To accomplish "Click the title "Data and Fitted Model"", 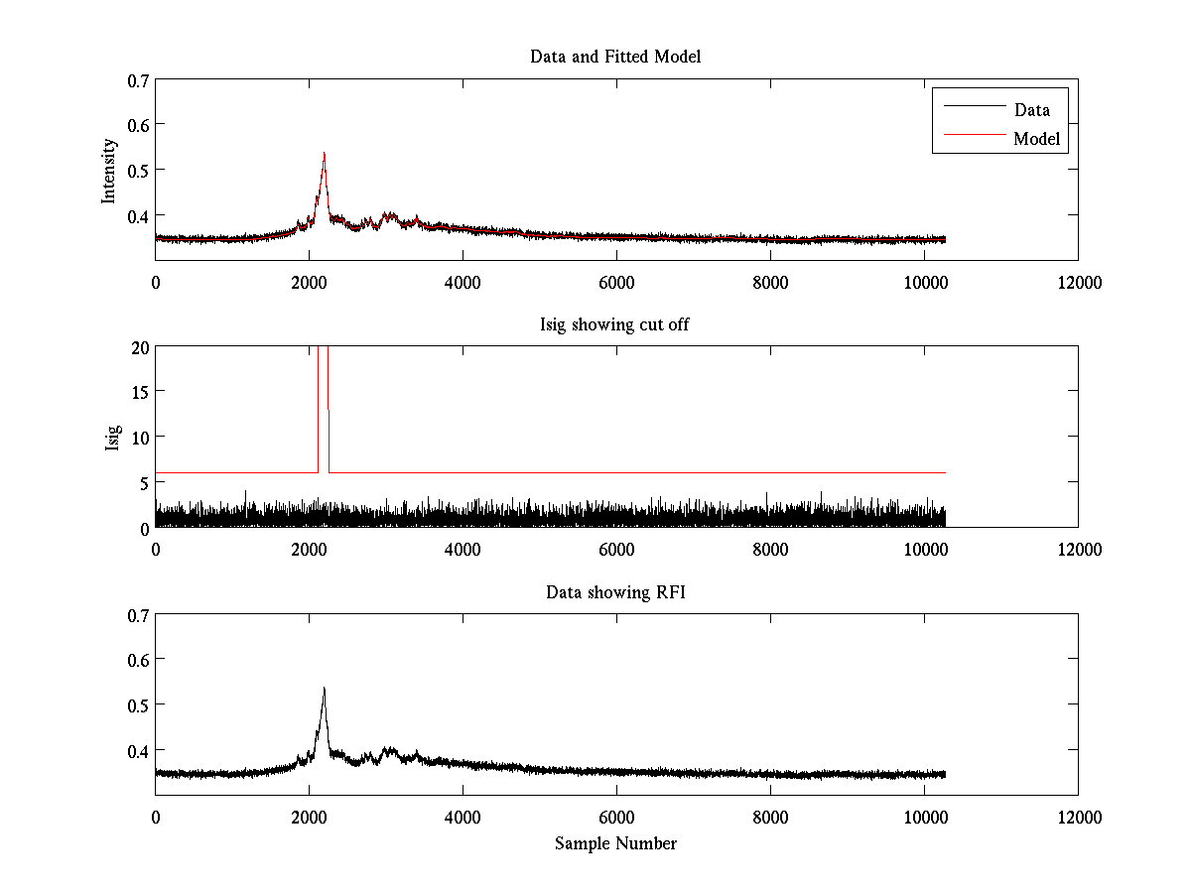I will click(615, 57).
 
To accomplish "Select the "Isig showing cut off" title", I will click(615, 324).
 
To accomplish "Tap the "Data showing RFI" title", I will click(615, 592).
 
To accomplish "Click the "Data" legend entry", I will click(1031, 110).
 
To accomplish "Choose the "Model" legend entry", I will click(1036, 139).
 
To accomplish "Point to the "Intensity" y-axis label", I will click(109, 171).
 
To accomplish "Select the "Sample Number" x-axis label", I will click(615, 843).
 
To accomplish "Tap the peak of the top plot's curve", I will click(324, 154).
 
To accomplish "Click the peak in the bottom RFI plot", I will click(324, 689).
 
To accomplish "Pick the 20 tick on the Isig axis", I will click(139, 347).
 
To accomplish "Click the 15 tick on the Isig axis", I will click(139, 392).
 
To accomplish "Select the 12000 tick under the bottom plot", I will click(1078, 818).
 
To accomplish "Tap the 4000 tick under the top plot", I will click(463, 282).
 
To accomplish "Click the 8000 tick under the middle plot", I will click(770, 550).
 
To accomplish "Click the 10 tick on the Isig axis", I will click(139, 438).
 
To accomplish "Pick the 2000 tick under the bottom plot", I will click(309, 818).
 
